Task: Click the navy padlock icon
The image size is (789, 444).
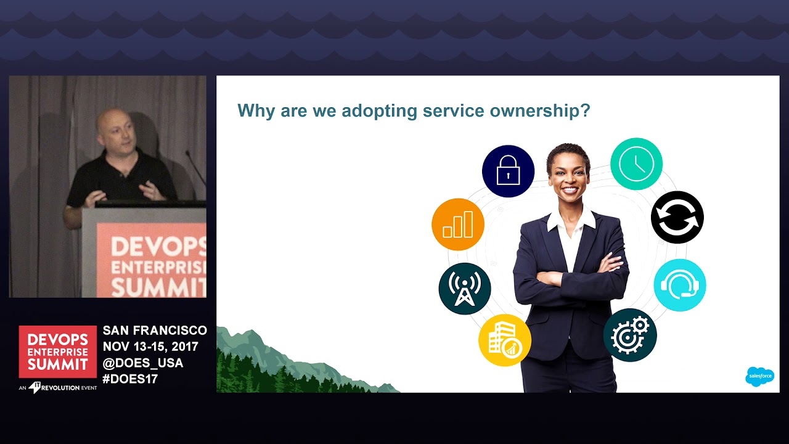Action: [508, 171]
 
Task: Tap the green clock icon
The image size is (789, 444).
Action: [636, 163]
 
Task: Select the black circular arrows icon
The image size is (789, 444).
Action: [677, 217]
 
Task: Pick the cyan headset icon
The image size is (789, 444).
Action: [679, 285]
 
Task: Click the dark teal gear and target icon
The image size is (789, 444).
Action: [629, 335]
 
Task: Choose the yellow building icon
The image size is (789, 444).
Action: [504, 340]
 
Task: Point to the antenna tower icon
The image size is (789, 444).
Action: [464, 289]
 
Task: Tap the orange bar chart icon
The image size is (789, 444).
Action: [457, 224]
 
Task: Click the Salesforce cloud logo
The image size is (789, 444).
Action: [759, 376]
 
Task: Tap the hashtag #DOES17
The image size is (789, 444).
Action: [130, 379]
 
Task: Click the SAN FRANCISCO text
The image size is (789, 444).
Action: [155, 331]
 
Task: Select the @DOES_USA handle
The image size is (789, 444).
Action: [143, 363]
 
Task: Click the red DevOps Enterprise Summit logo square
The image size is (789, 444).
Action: [57, 351]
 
